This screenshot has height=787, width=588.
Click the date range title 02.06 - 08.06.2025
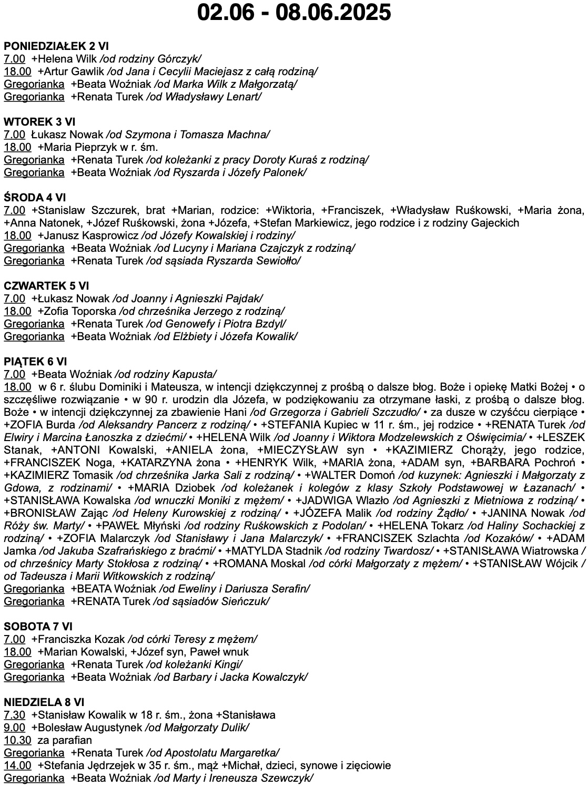(x=294, y=12)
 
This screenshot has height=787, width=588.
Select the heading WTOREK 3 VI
(x=39, y=122)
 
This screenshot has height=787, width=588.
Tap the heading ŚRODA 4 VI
(x=35, y=198)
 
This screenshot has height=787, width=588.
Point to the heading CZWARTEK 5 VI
(x=46, y=286)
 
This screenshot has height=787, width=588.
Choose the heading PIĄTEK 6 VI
(x=36, y=362)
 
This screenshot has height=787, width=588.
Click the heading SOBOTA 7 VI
(x=38, y=627)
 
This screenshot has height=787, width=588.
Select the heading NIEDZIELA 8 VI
(x=44, y=702)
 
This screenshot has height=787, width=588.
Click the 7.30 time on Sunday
(x=14, y=715)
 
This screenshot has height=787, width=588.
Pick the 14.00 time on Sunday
(x=17, y=765)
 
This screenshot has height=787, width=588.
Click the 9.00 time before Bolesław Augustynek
(x=14, y=728)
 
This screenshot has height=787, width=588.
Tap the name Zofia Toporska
(x=80, y=311)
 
